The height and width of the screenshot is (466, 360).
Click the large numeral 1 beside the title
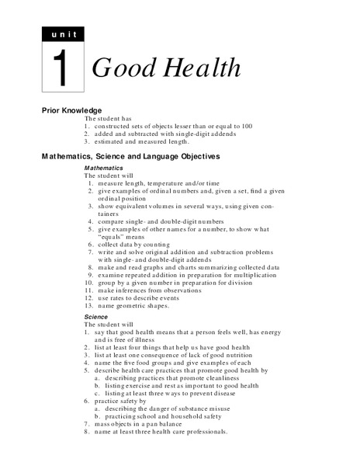tap(61, 68)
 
